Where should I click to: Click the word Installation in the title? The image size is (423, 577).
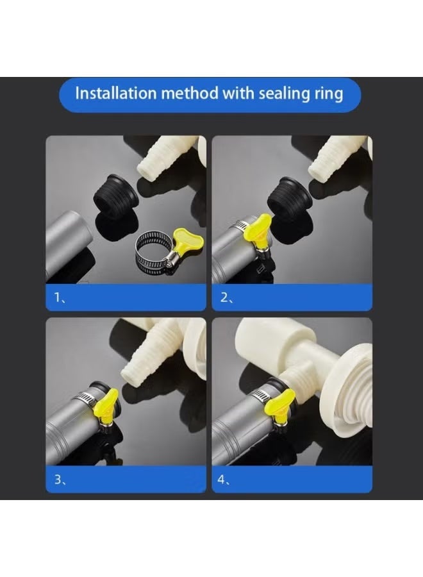[x=115, y=93]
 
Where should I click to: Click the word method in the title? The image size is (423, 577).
[x=188, y=93]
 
